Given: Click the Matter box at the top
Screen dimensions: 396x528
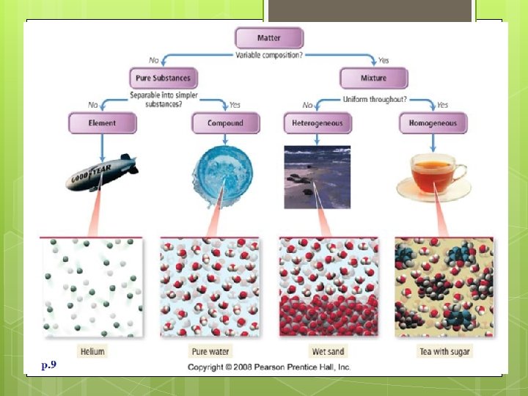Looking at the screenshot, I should [268, 37].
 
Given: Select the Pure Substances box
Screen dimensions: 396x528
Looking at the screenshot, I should [163, 78].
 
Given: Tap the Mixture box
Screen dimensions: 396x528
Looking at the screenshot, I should [373, 78].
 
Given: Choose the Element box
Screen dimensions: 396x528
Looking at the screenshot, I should [102, 123].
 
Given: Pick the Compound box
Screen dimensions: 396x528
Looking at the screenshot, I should [225, 123].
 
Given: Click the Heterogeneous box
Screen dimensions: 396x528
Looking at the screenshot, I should [318, 123].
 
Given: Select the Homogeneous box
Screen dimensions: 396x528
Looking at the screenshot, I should [433, 123].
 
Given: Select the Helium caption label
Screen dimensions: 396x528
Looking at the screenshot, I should [92, 351].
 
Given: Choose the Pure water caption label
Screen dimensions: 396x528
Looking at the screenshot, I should [210, 351].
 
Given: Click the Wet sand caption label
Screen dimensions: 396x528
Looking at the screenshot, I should [327, 351].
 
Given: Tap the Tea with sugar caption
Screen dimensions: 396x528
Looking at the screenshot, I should [444, 351].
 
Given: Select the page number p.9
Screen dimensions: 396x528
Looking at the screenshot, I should [49, 364].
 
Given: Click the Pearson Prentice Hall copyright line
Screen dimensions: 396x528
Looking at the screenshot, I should [269, 366].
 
